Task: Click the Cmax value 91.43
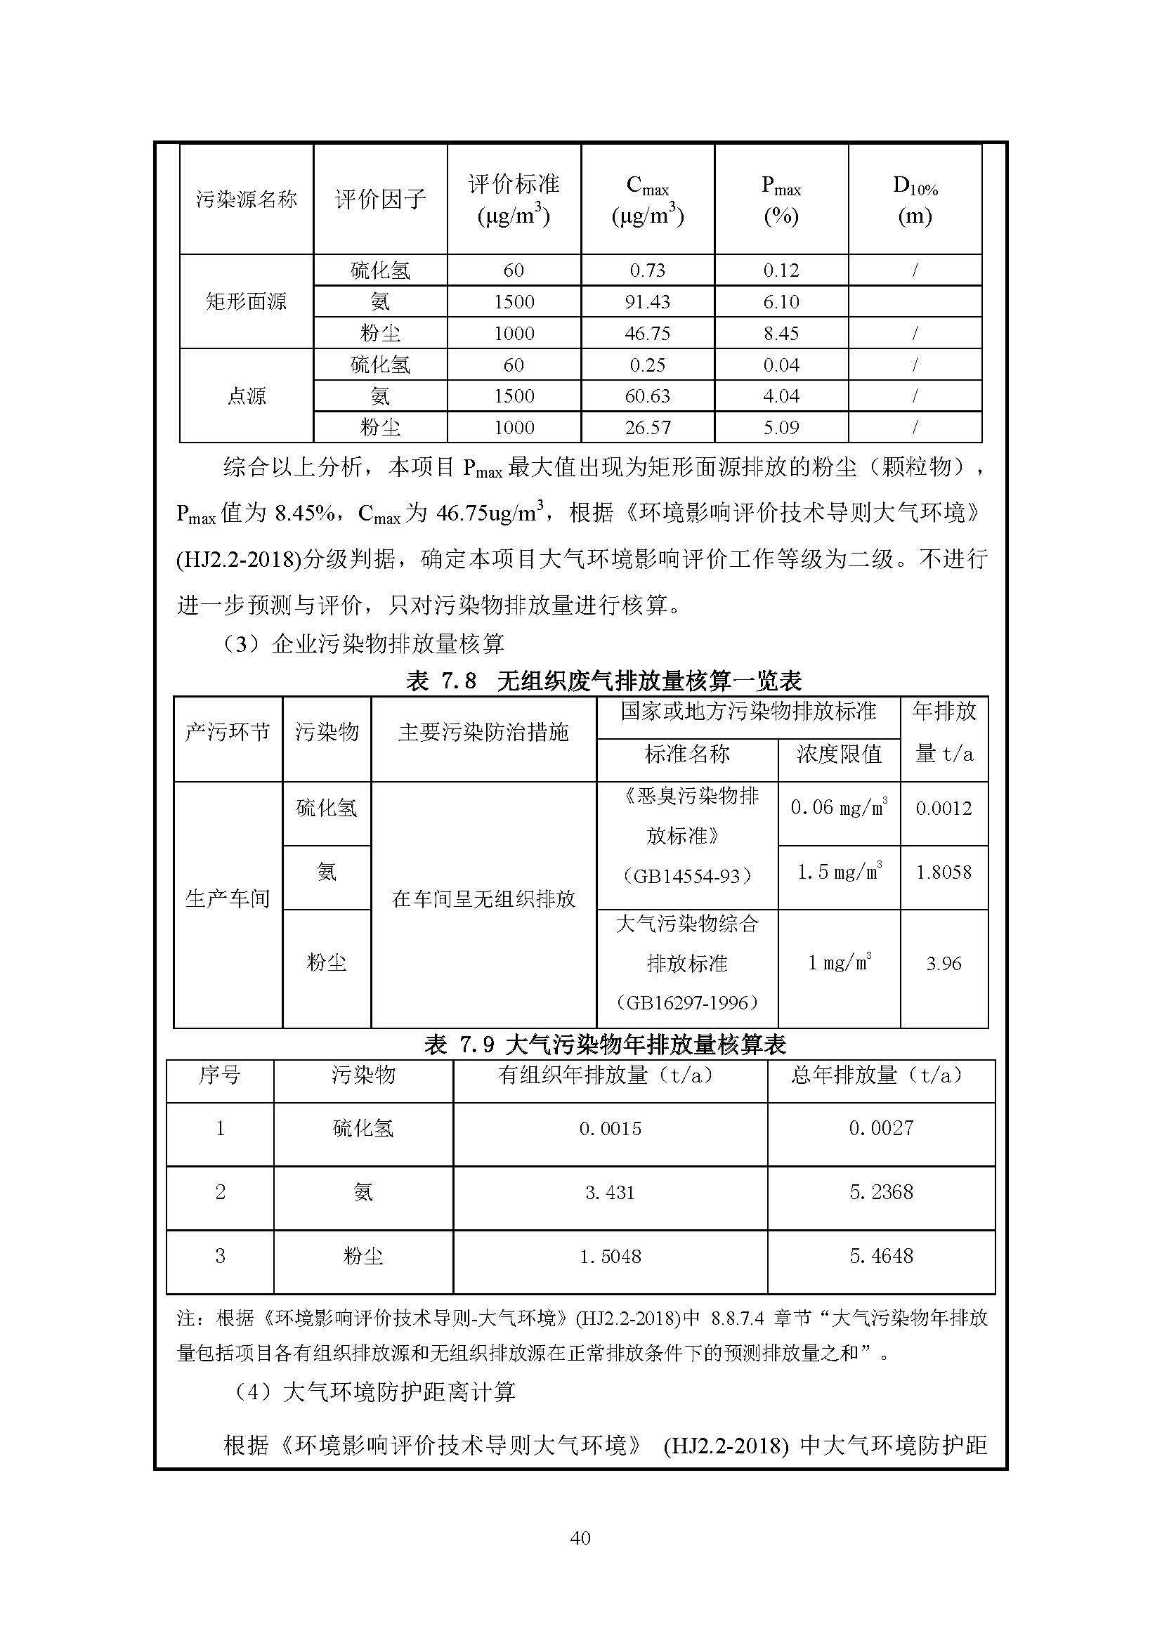pyautogui.click(x=647, y=302)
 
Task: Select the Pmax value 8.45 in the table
pyautogui.click(x=781, y=334)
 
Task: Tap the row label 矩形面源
pyautogui.click(x=245, y=302)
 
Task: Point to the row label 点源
pyautogui.click(x=245, y=396)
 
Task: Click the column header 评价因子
pyautogui.click(x=379, y=199)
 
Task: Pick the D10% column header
pyautogui.click(x=915, y=200)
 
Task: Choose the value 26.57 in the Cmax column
pyautogui.click(x=647, y=428)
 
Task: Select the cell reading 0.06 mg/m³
pyautogui.click(x=839, y=808)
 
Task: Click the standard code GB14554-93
pyautogui.click(x=687, y=876)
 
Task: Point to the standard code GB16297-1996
pyautogui.click(x=687, y=1003)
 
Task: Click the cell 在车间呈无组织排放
pyautogui.click(x=483, y=900)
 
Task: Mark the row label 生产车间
pyautogui.click(x=228, y=900)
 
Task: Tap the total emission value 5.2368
pyautogui.click(x=881, y=1193)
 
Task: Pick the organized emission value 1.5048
pyautogui.click(x=610, y=1257)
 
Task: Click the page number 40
pyautogui.click(x=580, y=1538)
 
